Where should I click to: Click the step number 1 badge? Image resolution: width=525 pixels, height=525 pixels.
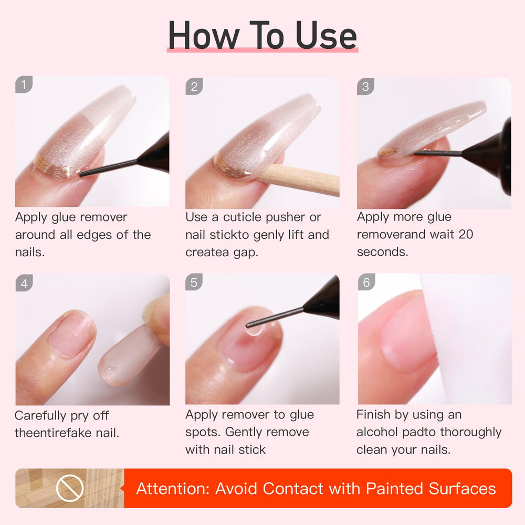tap(24, 84)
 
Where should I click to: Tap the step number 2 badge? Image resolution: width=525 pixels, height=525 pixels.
tap(194, 87)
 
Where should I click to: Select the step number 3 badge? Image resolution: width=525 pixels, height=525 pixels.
tap(365, 87)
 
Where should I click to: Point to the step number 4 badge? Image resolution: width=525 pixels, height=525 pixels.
tap(24, 283)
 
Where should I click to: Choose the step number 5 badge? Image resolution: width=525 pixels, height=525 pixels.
tap(194, 283)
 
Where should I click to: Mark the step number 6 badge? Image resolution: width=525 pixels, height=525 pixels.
tap(366, 282)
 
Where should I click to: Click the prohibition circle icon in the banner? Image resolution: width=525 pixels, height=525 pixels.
tap(69, 488)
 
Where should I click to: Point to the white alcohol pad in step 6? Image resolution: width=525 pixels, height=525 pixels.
tap(467, 336)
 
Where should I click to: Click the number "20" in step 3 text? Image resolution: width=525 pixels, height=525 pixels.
tap(466, 234)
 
